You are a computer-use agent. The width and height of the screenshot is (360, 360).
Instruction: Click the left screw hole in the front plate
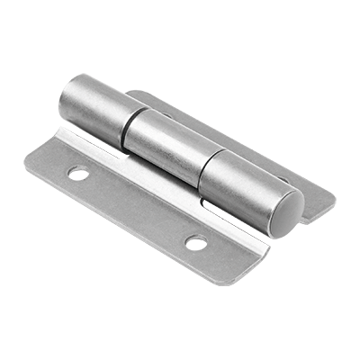(80, 174)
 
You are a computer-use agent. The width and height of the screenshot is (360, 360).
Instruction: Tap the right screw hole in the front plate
(195, 242)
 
